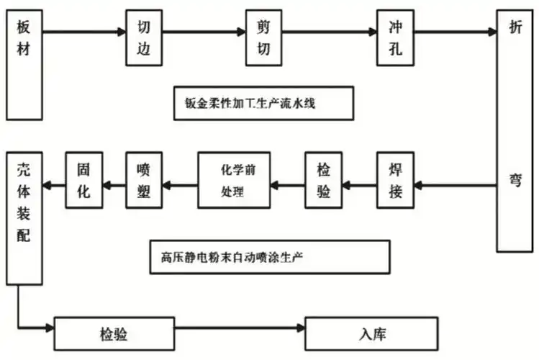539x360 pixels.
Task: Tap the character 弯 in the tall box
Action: (516, 180)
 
